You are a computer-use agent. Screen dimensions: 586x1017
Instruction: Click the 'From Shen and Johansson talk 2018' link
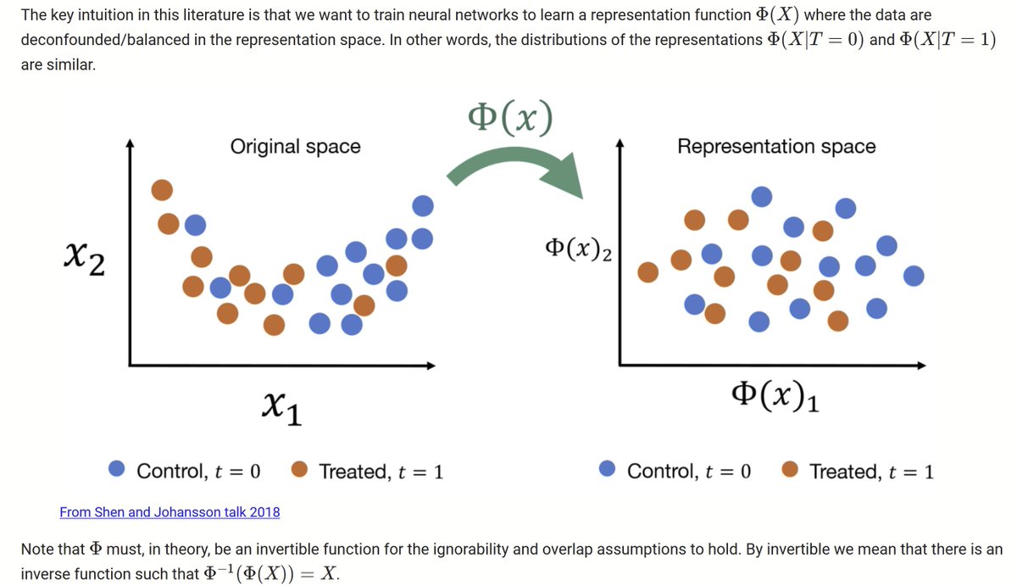169,512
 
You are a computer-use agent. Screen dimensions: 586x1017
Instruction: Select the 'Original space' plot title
295,147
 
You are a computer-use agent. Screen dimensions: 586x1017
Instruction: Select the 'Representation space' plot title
775,147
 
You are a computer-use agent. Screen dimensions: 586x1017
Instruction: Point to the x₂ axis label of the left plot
85,259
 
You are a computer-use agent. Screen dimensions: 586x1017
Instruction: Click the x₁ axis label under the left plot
283,411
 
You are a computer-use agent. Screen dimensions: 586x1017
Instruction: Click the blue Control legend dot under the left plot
118,470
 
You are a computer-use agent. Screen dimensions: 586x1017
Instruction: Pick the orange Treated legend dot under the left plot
299,470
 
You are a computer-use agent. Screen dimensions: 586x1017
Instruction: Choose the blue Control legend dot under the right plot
607,470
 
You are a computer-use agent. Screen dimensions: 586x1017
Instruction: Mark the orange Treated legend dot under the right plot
790,470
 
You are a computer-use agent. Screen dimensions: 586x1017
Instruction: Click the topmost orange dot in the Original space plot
163,191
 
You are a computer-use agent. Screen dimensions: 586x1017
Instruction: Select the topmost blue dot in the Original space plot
422,206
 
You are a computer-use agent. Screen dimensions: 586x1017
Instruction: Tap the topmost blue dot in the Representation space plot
762,197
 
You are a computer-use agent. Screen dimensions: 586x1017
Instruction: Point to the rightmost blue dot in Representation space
914,276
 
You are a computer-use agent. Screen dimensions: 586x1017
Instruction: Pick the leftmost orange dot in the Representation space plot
648,272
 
